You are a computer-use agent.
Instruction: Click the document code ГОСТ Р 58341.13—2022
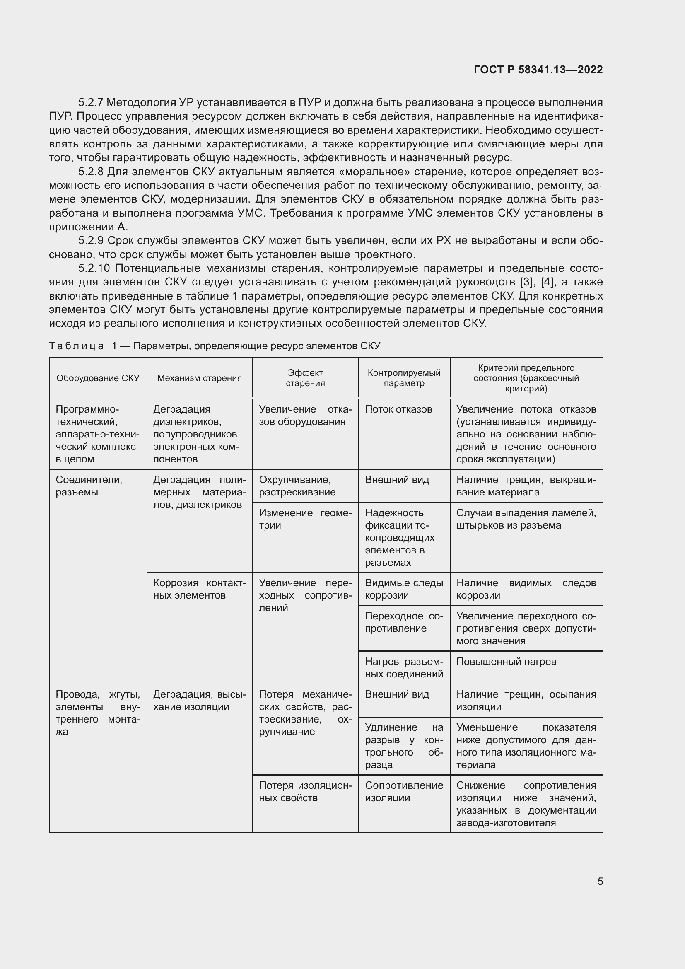[x=538, y=70]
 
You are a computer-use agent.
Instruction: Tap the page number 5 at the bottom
[x=600, y=881]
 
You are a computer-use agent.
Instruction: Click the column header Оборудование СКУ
[x=98, y=378]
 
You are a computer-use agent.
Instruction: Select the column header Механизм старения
[x=200, y=378]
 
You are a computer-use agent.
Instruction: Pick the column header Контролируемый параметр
[x=404, y=378]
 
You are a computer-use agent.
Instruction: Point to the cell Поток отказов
[x=398, y=409]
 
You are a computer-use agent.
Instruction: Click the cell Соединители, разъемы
[x=89, y=486]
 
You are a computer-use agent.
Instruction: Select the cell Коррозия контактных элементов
[x=199, y=589]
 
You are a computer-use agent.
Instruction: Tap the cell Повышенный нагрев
[x=506, y=661]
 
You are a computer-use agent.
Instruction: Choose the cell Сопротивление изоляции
[x=404, y=791]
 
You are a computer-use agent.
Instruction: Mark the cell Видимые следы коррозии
[x=404, y=589]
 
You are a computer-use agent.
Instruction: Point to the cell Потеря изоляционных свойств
[x=305, y=791]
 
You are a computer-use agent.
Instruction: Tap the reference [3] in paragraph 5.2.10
[x=527, y=282]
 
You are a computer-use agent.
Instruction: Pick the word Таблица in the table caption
[x=76, y=346]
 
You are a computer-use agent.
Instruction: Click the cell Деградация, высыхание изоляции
[x=199, y=701]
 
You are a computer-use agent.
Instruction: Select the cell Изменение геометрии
[x=305, y=519]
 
